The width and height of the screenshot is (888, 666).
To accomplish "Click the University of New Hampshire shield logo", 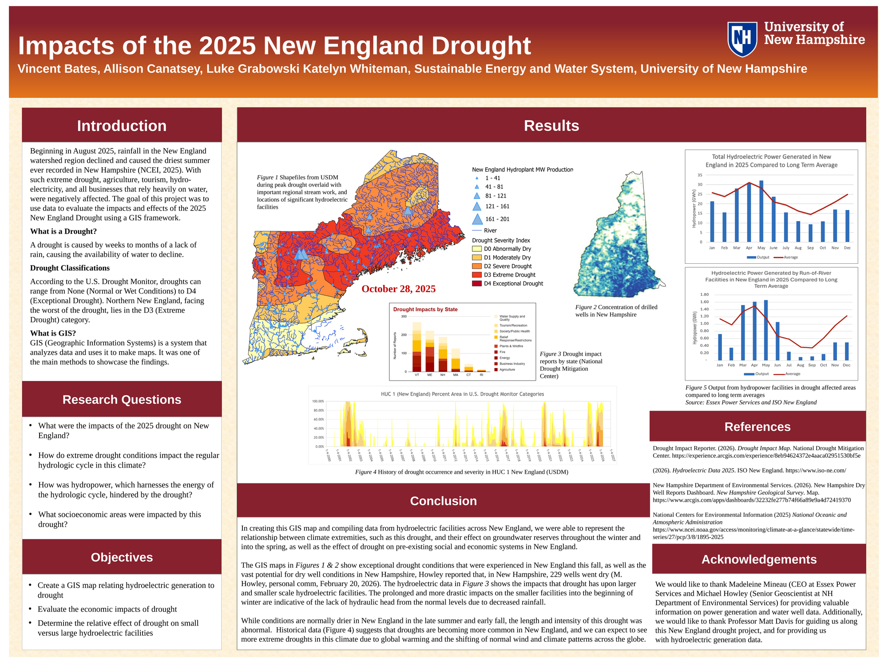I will (742, 39).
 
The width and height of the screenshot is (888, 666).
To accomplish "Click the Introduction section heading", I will (122, 126).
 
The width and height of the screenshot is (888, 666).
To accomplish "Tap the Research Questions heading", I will (122, 400).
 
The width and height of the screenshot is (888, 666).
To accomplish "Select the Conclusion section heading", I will (443, 501).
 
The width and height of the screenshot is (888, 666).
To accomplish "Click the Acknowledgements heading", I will (759, 559).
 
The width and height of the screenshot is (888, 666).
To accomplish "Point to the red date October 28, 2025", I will (398, 289).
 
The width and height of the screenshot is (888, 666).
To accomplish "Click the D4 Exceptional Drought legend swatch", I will (476, 284).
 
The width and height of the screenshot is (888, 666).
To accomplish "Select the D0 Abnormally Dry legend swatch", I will (476, 249).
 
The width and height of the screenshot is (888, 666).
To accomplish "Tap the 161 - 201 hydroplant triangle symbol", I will (477, 219).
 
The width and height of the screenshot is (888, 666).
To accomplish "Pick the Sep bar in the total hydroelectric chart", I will (810, 233).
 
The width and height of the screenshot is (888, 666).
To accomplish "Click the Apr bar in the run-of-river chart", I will (754, 331).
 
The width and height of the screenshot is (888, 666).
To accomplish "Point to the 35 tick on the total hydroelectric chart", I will (700, 175).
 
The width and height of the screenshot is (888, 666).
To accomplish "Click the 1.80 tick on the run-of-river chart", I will (704, 295).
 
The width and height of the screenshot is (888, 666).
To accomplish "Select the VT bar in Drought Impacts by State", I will (417, 347).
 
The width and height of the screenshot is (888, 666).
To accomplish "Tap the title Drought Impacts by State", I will (425, 309).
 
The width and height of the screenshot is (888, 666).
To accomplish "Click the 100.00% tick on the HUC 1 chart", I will (318, 401).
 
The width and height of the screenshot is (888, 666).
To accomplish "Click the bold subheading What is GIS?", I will (53, 333).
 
